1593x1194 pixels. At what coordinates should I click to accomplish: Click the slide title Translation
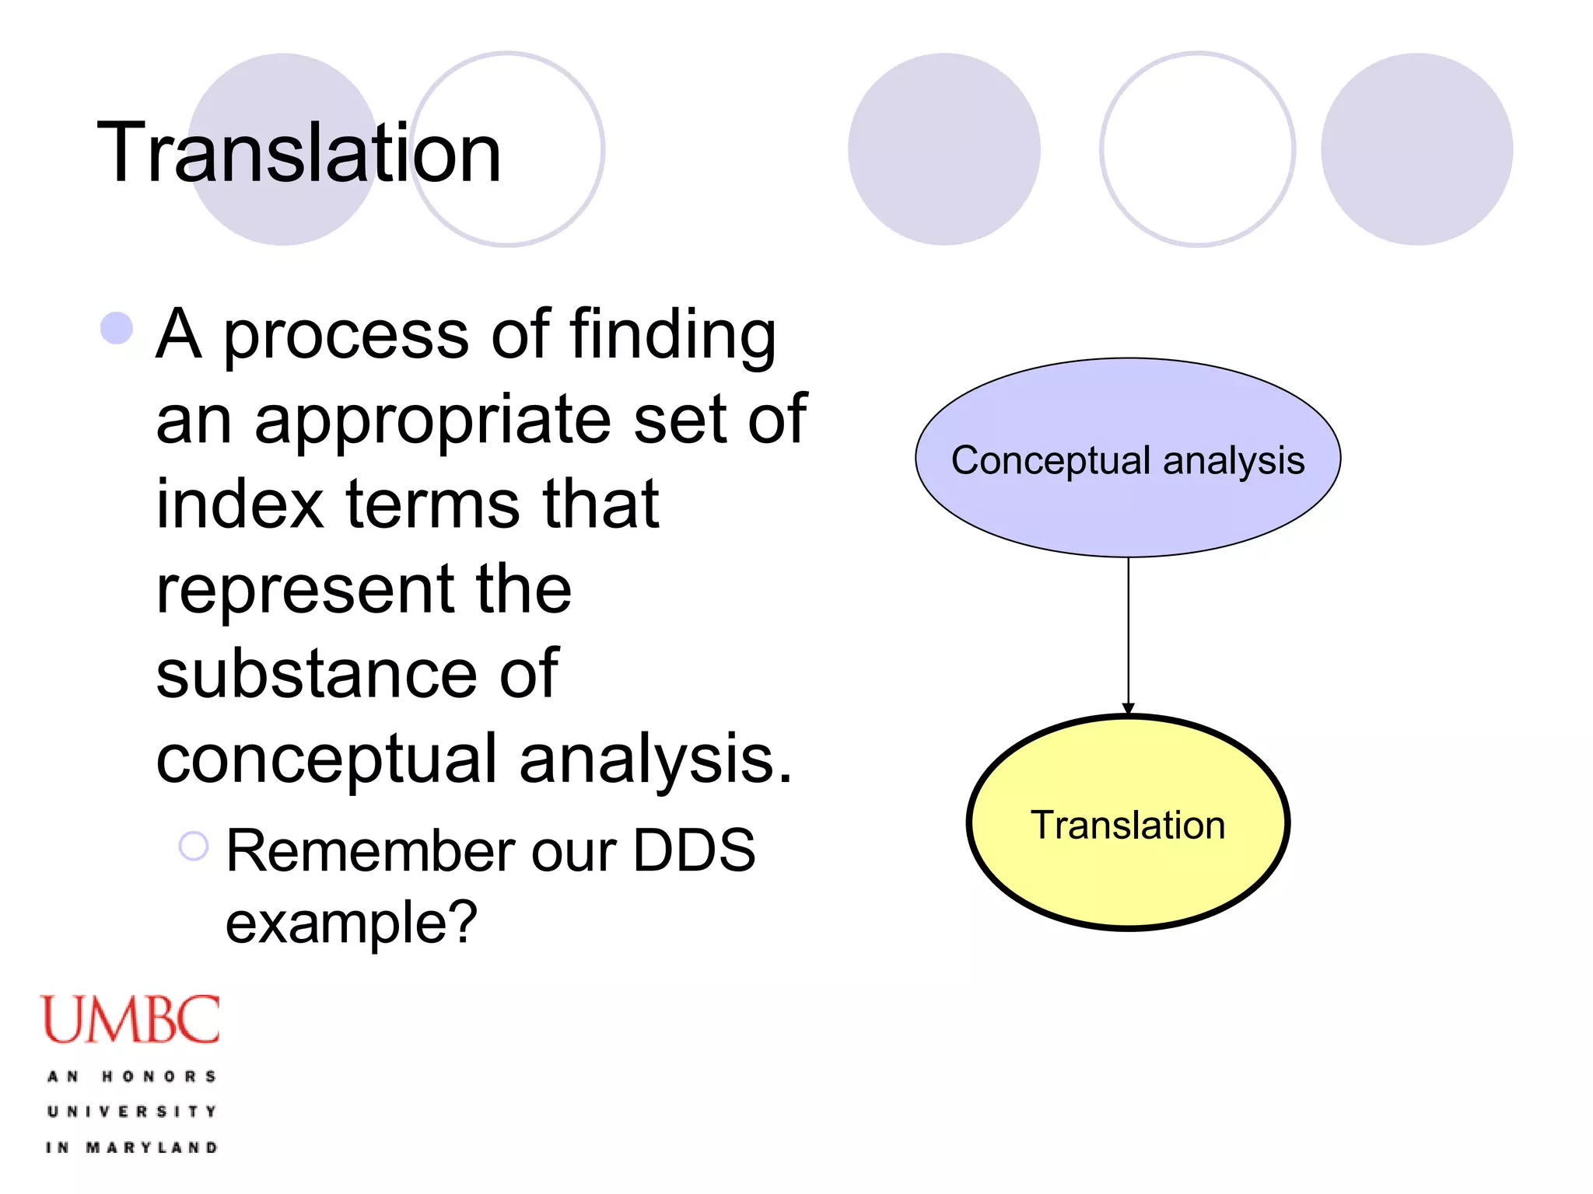[x=299, y=153]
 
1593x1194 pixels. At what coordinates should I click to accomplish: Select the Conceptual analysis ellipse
[x=1127, y=458]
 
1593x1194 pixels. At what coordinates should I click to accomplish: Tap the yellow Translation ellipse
[x=1127, y=824]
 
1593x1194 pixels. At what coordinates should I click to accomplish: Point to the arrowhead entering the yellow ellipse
[x=1128, y=707]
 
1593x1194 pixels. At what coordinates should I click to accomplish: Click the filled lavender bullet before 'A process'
[x=117, y=328]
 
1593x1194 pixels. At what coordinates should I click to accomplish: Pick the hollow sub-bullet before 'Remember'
[x=194, y=846]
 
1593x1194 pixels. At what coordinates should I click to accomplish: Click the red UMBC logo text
[x=130, y=1020]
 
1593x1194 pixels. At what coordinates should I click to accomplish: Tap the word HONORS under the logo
[x=159, y=1077]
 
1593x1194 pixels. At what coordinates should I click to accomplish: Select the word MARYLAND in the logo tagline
[x=152, y=1148]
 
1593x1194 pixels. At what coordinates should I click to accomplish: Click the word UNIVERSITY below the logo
[x=131, y=1112]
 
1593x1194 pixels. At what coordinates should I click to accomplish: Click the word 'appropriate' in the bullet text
[x=433, y=420]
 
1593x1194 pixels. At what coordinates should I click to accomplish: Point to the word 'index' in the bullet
[x=240, y=504]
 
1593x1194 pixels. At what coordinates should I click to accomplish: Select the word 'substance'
[x=315, y=674]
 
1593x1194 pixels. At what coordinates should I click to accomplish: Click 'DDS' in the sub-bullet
[x=693, y=851]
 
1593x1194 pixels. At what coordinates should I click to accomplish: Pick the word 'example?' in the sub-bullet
[x=351, y=923]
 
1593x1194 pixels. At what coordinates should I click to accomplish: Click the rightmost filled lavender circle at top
[x=1416, y=149]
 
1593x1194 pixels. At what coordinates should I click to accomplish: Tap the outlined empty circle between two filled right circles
[x=1197, y=149]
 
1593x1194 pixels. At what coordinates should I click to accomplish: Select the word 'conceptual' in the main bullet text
[x=326, y=759]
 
